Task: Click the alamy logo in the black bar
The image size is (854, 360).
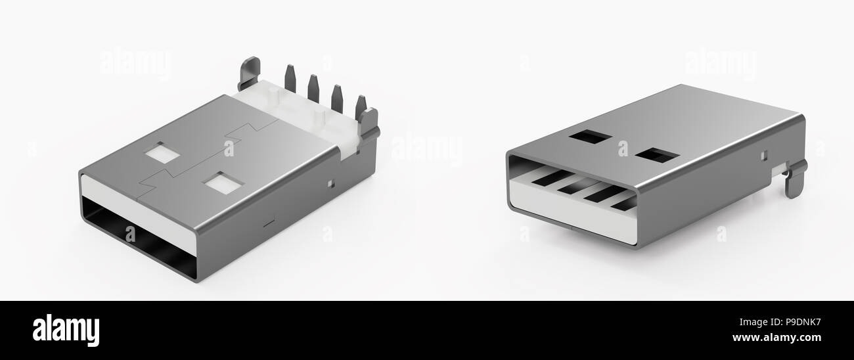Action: [66, 330]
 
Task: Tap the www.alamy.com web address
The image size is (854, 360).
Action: [776, 338]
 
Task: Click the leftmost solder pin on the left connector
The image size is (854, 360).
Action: [290, 79]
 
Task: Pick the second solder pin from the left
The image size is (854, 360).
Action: [313, 88]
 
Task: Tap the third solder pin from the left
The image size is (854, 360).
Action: [336, 97]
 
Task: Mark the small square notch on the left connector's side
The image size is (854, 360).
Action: [330, 181]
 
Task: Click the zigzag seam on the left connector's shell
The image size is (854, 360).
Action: [197, 161]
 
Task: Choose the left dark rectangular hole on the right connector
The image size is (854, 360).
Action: [591, 138]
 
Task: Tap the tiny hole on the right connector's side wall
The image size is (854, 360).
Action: [764, 156]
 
